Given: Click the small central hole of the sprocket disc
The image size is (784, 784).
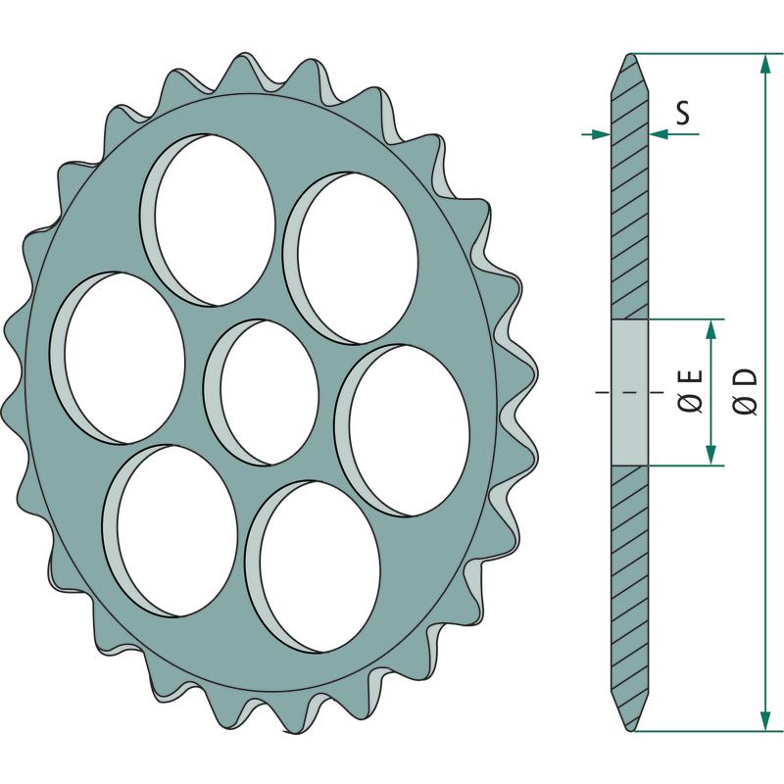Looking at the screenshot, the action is coord(262,393).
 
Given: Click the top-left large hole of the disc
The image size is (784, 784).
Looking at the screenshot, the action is coord(208,220).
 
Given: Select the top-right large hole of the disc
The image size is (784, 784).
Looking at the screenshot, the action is coord(351,258).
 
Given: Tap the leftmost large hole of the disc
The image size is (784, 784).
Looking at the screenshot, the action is coord(118,358).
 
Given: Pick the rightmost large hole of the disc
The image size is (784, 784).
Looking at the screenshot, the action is coord(403,430).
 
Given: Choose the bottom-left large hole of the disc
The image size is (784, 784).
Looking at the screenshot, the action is coord(170,531).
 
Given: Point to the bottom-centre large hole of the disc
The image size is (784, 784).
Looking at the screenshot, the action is coord(314,567).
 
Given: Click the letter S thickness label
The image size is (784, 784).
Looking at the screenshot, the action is coord(682,113).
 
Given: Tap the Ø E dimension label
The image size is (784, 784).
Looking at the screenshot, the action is coord(692,391).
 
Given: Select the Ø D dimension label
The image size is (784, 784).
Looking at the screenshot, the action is coord(746,391).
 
